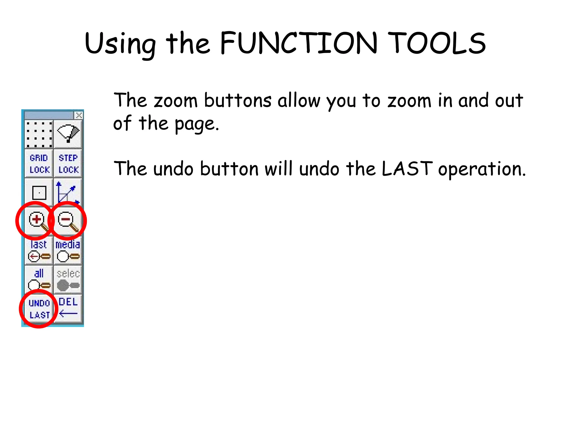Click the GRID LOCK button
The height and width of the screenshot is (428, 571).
pos(39,164)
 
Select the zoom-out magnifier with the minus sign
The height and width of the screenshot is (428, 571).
pos(67,221)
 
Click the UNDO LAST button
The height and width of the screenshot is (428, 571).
pos(39,309)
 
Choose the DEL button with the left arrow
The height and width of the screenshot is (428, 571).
pos(68,308)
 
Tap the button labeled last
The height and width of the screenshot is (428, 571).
pos(39,251)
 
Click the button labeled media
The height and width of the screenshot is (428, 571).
pos(68,251)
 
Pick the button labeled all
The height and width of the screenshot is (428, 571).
pos(39,279)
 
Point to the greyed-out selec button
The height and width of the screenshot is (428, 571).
pos(68,279)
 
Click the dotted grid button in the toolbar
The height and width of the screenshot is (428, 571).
pos(39,134)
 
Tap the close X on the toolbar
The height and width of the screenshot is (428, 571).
pos(79,115)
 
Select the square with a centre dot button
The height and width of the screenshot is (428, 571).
pos(39,193)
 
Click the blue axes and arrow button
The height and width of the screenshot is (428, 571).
pos(68,193)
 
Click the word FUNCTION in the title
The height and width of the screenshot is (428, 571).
pos(298,43)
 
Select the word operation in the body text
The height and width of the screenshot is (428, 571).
pos(482,169)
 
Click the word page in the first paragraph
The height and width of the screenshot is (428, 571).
pos(196,124)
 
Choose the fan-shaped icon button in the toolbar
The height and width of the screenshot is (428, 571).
pos(68,134)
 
